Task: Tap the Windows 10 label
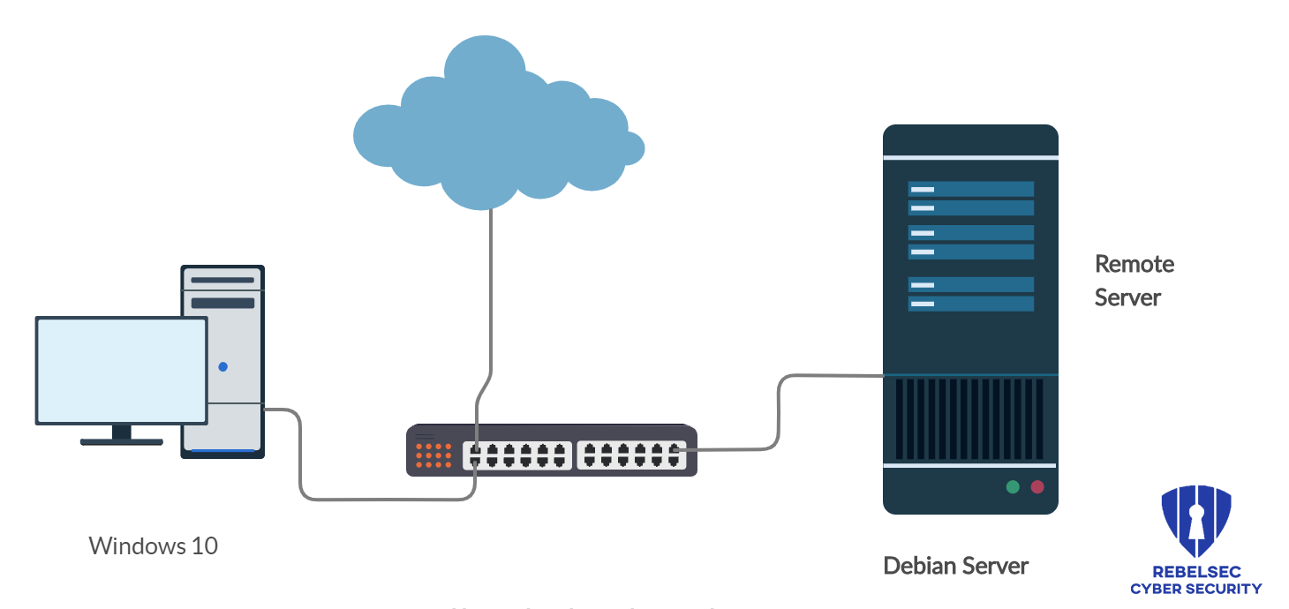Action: tap(154, 545)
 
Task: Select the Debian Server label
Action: tap(956, 565)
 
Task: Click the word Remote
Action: tap(1134, 264)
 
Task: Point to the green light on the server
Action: tap(1013, 486)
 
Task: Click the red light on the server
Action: tap(1037, 486)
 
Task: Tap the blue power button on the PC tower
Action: tap(222, 366)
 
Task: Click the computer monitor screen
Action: tap(121, 370)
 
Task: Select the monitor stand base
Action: tap(121, 441)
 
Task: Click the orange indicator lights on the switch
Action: tap(433, 455)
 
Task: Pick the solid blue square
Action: tap(1196, 538)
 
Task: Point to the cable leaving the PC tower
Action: tap(300, 459)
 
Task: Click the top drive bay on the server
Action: tap(971, 189)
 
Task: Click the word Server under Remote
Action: tap(1127, 297)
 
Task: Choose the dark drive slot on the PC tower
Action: tap(222, 303)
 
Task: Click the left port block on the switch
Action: tap(517, 455)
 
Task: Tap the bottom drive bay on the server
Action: tap(971, 304)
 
